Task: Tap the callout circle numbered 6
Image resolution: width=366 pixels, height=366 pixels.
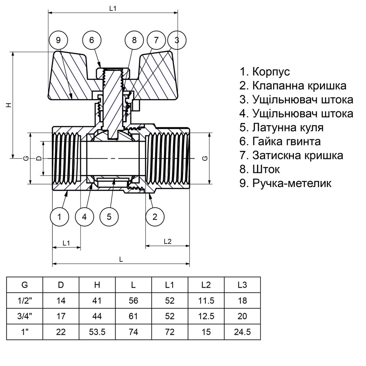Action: (x=91, y=40)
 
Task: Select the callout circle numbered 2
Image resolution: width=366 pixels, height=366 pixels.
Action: (x=155, y=217)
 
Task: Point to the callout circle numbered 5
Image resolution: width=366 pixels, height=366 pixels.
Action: (x=109, y=217)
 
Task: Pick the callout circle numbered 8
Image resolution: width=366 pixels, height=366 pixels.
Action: (x=134, y=40)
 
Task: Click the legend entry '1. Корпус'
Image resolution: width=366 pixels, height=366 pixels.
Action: (x=265, y=71)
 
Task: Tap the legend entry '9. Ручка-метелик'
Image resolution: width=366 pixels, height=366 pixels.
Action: (x=285, y=183)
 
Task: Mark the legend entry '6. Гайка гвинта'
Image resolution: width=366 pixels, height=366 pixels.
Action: (x=280, y=141)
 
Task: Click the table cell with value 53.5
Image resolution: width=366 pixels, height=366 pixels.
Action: (x=97, y=332)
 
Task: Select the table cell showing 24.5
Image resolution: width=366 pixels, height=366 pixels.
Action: (x=242, y=332)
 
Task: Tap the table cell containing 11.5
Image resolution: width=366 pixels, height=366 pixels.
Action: (x=206, y=301)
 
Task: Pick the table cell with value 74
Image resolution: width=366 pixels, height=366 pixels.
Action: (x=134, y=332)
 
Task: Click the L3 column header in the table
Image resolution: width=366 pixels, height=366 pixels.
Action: (x=242, y=285)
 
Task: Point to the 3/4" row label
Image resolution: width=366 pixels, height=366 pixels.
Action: (x=25, y=317)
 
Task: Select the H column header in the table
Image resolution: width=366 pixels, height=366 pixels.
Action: (x=97, y=285)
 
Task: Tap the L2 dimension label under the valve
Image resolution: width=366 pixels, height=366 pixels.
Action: (x=167, y=242)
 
